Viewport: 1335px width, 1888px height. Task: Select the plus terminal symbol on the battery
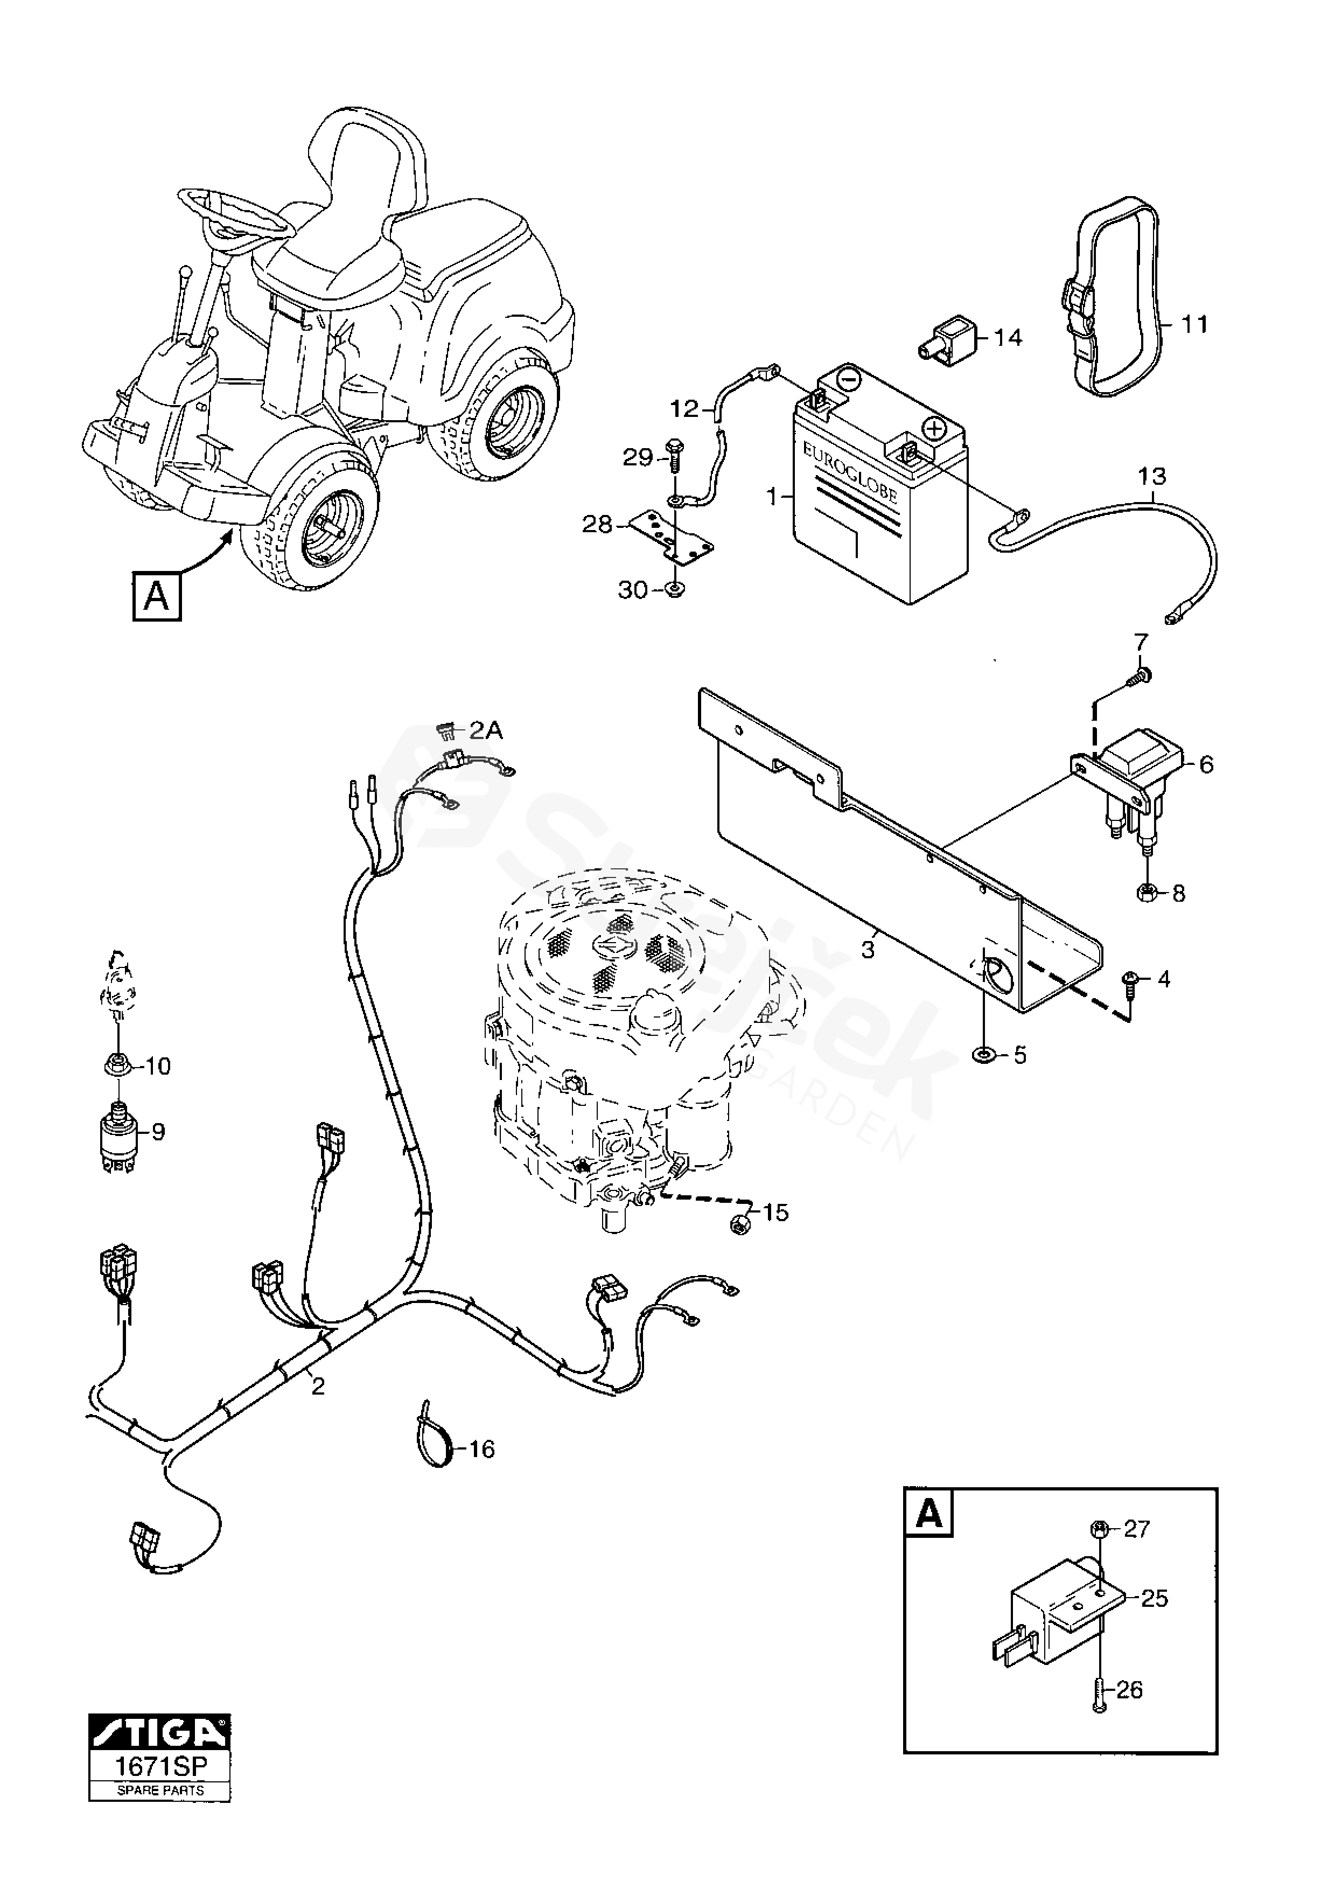[934, 429]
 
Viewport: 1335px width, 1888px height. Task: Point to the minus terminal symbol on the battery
[850, 380]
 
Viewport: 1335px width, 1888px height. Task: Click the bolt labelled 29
[676, 455]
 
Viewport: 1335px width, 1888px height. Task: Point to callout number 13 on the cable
[1152, 477]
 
